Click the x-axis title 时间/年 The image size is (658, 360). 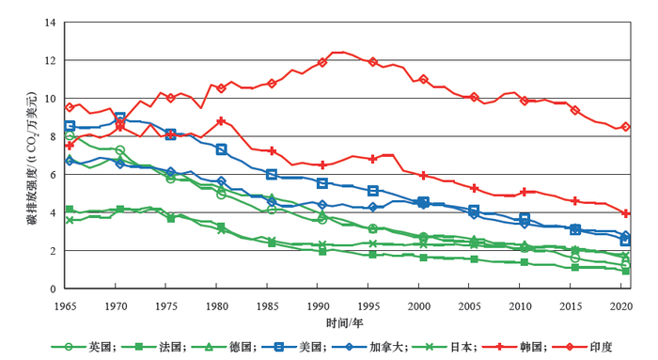click(344, 322)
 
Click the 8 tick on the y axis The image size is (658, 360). click(53, 136)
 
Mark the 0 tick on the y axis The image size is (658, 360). click(53, 290)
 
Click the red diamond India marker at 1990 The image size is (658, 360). click(322, 62)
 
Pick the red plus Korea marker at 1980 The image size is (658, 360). click(221, 121)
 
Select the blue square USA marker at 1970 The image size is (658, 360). click(119, 118)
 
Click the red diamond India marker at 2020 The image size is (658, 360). click(626, 127)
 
